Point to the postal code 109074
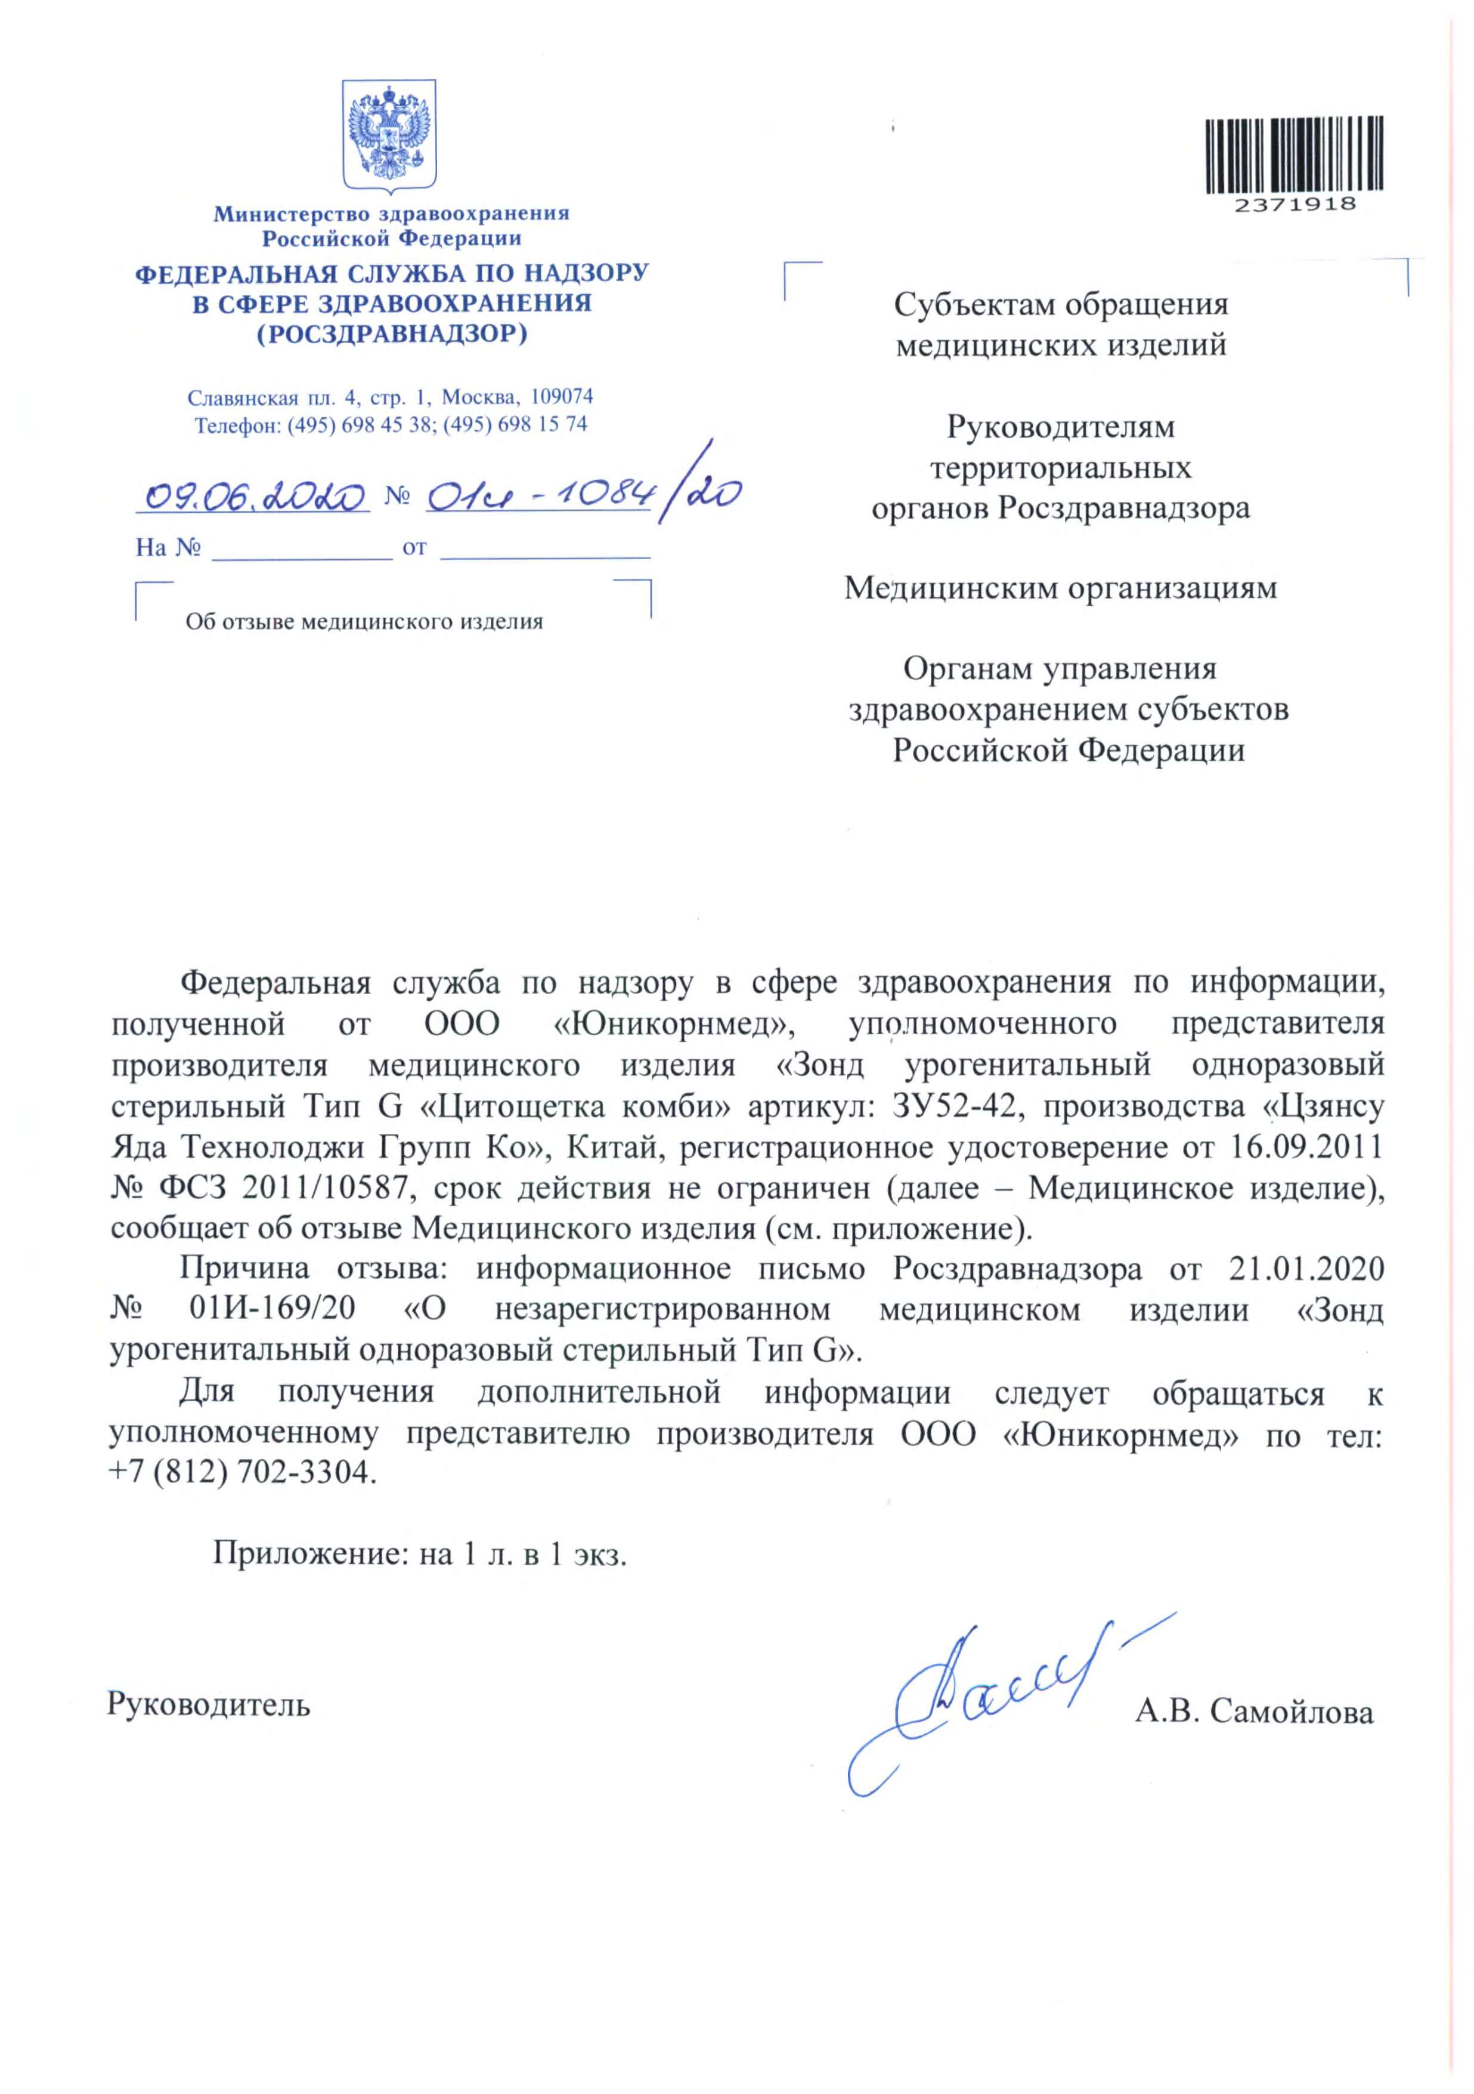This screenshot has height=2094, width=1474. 562,397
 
